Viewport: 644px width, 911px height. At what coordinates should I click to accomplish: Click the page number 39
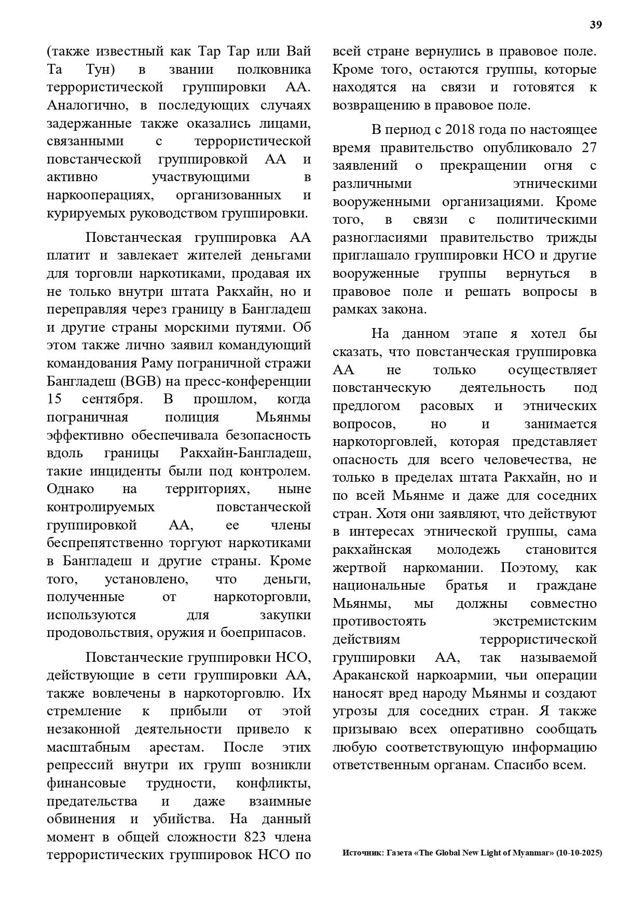pyautogui.click(x=596, y=25)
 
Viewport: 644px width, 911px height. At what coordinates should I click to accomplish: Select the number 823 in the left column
pyautogui.click(x=254, y=837)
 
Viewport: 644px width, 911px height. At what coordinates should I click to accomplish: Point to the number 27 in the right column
pyautogui.click(x=588, y=147)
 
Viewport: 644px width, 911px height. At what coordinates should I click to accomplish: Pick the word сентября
pyautogui.click(x=111, y=399)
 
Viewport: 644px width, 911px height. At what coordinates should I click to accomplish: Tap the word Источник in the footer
pyautogui.click(x=362, y=853)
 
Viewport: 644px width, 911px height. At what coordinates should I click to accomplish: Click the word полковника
pyautogui.click(x=274, y=70)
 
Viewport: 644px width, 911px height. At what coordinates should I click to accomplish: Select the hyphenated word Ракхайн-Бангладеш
pyautogui.click(x=245, y=453)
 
